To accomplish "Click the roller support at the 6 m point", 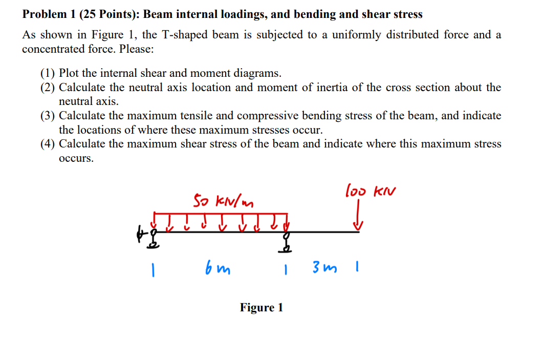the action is (x=287, y=242).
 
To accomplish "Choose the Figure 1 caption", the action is (x=261, y=307).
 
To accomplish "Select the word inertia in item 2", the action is (x=330, y=87).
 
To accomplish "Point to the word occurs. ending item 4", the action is (x=76, y=158).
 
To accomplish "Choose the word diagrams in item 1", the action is (x=258, y=73).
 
